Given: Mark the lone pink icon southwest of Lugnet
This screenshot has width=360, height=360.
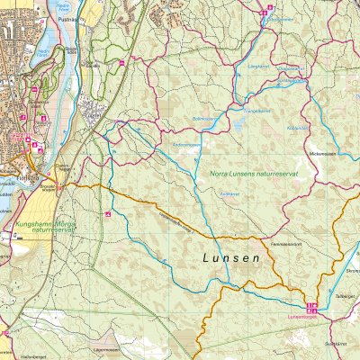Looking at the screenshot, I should (108, 213).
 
